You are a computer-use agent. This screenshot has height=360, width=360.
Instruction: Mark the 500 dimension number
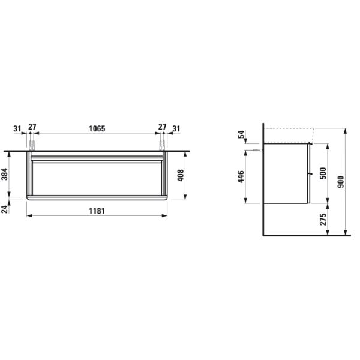coord(323,173)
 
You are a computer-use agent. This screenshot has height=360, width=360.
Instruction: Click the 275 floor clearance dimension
coord(323,219)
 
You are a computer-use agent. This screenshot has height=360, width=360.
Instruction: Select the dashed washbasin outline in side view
coord(288,135)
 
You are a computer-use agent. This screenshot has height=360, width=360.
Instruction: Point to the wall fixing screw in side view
coord(258,151)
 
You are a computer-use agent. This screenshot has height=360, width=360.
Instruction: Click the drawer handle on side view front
coord(310,174)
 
